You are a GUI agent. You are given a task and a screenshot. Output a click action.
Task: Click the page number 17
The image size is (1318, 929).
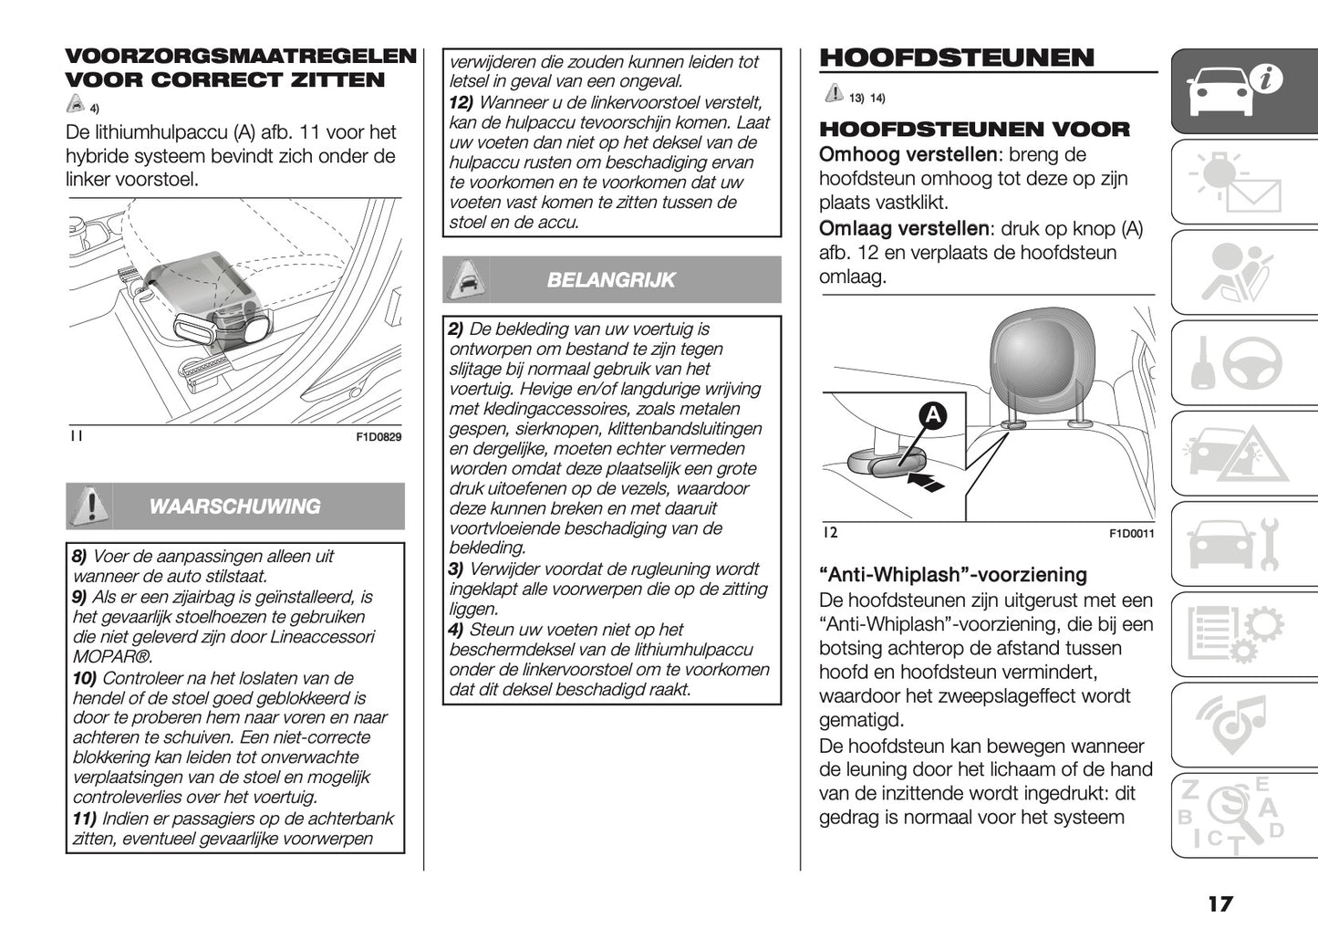pos(1219,903)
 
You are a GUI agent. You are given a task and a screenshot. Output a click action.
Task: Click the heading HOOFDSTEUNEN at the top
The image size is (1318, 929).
pos(957,57)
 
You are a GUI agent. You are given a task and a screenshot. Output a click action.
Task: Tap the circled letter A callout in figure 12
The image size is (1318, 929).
pos(933,416)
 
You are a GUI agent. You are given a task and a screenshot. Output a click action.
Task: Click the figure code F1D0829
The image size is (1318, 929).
pos(378,437)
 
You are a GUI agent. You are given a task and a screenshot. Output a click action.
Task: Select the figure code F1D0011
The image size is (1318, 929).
pos(1131,534)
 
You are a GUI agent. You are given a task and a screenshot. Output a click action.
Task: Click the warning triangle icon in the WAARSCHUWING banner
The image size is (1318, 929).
pos(89,506)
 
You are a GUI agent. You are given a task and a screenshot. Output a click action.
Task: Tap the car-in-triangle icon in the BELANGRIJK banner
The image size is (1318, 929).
pos(465,279)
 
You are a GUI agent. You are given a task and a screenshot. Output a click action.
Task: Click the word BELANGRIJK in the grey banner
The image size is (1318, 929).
pos(610,280)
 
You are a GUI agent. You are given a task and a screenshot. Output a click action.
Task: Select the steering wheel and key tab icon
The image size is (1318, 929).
pos(1241,364)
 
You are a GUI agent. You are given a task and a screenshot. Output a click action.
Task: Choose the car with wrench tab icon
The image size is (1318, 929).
pos(1241,545)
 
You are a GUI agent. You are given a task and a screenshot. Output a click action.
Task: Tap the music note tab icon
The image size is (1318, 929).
pos(1241,725)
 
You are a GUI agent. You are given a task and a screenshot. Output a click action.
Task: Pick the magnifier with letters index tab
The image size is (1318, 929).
pos(1241,815)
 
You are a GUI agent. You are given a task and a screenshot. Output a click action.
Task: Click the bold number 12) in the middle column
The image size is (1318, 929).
pos(461,102)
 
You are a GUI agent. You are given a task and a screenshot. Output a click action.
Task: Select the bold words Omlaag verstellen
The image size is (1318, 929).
pos(903,228)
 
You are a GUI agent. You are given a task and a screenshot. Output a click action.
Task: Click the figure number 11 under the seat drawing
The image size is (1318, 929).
pos(76,436)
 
